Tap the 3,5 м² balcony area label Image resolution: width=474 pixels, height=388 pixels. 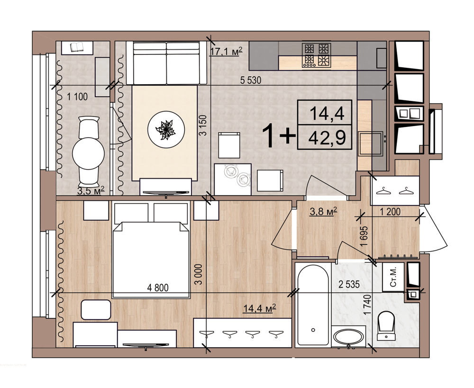pos(91,190)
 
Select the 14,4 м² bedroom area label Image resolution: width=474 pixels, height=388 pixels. pos(260,308)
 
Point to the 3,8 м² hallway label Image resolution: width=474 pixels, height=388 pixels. pos(323,211)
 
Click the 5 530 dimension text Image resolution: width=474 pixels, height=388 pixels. pos(251,81)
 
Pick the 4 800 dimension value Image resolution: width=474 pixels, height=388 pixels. pos(158,288)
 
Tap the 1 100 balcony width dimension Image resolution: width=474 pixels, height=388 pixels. pos(77,97)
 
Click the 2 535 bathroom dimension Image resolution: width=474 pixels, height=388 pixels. pos(349,284)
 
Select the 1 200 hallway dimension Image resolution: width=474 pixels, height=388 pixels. pos(390,211)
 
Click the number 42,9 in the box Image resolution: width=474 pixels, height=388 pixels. pos(327,138)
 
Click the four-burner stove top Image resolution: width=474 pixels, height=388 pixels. pos(317,55)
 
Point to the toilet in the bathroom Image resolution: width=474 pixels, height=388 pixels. pos(386,326)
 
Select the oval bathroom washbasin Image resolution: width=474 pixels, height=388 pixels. pos(348,337)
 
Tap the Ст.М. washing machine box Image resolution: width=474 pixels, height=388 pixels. pos(393,277)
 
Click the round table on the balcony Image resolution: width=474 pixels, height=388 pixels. pos(89,153)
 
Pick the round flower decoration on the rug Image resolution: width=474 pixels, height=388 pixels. pos(166,129)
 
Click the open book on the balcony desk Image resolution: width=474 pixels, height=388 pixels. pos(77,47)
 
